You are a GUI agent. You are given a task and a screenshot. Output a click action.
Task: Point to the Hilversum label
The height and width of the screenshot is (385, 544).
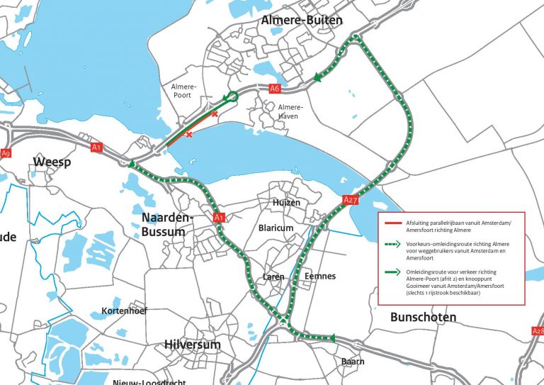click(192, 345)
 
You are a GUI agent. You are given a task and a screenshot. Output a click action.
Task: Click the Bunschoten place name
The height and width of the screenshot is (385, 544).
click(424, 317)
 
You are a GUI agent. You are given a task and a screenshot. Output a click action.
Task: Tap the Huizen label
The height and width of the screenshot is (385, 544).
click(287, 202)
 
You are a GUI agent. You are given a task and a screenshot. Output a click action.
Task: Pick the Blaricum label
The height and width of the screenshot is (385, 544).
click(276, 228)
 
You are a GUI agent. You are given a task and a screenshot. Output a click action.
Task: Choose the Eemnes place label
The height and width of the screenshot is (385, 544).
click(319, 276)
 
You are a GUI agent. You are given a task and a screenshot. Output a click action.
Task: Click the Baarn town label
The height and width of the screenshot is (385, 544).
click(352, 361)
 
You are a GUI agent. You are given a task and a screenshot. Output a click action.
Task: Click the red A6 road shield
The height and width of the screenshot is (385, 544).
click(276, 89)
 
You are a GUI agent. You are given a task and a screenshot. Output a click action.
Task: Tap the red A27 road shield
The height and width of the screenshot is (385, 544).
click(351, 200)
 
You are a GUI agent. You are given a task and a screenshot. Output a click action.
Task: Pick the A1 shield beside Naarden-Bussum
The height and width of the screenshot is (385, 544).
click(219, 217)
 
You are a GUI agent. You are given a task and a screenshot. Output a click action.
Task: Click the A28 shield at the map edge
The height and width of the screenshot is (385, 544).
click(538, 330)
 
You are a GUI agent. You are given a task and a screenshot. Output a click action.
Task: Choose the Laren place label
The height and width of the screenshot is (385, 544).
click(274, 276)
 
